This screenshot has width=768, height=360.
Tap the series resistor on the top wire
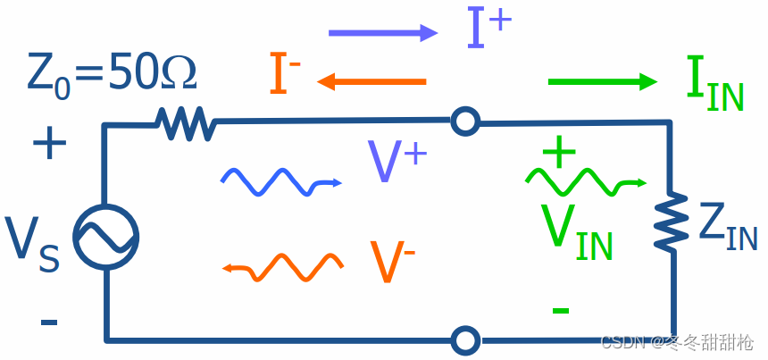(x=185, y=122)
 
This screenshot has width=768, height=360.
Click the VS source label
(x=34, y=244)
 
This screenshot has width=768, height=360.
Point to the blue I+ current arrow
(x=382, y=34)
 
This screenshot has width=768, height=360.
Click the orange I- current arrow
(x=370, y=82)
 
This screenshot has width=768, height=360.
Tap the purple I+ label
(x=488, y=29)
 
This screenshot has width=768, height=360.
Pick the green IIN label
(x=714, y=86)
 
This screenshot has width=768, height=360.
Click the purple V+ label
(x=397, y=163)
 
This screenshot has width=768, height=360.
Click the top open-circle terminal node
(x=464, y=121)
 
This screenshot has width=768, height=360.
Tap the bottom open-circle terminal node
(x=464, y=339)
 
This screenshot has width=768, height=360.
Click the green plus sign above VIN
(x=559, y=153)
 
